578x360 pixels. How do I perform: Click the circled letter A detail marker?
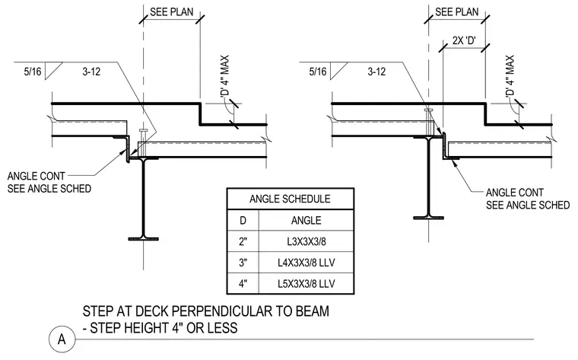point(62,339)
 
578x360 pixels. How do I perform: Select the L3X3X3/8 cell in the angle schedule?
point(306,241)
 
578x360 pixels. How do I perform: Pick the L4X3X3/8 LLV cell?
point(306,263)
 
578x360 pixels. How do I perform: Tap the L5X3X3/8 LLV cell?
point(306,284)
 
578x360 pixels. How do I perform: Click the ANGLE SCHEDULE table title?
point(290,199)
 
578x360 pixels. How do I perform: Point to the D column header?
point(243,221)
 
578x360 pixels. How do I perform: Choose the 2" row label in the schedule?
point(243,241)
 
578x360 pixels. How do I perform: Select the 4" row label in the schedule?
point(243,284)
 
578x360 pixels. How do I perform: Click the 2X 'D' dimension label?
point(464,40)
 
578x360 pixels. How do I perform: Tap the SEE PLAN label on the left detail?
point(171,12)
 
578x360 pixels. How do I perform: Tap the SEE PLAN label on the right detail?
point(457,12)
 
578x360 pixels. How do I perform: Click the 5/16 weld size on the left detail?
point(33,72)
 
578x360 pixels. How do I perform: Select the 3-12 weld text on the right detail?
point(376,72)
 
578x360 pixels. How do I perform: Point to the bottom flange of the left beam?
point(144,239)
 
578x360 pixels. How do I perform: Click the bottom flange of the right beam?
point(428,218)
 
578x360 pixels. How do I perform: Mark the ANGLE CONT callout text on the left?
point(37,176)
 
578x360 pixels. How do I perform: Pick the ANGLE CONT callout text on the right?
point(515,193)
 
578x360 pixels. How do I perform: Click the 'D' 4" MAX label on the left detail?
point(224,76)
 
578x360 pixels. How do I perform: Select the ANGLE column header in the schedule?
point(306,221)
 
